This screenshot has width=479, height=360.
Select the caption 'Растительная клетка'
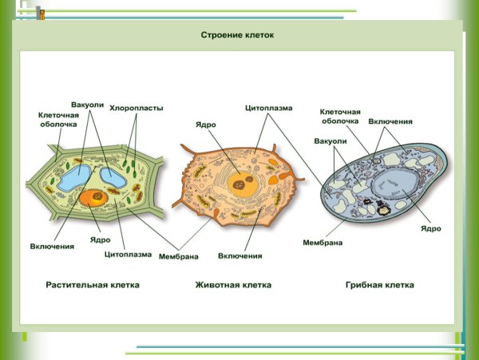pyautogui.click(x=93, y=284)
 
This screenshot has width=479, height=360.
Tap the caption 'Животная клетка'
pyautogui.click(x=233, y=284)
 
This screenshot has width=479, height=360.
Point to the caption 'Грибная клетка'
pyautogui.click(x=380, y=284)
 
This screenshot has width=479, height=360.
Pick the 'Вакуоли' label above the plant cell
pyautogui.click(x=88, y=105)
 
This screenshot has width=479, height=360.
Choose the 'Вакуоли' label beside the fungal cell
pyautogui.click(x=331, y=140)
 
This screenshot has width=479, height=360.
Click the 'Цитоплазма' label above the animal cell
pyautogui.click(x=268, y=108)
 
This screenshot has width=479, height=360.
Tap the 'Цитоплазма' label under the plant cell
pyautogui.click(x=128, y=255)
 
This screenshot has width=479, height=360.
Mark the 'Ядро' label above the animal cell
pyautogui.click(x=205, y=125)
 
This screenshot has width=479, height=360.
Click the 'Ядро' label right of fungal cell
pyautogui.click(x=430, y=229)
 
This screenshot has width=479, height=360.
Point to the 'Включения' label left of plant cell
pyautogui.click(x=53, y=246)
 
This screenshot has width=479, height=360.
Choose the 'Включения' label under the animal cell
pyautogui.click(x=240, y=255)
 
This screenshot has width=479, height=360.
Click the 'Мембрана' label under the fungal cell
pyautogui.click(x=323, y=242)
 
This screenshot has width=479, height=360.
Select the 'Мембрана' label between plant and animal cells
pyautogui.click(x=179, y=255)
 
